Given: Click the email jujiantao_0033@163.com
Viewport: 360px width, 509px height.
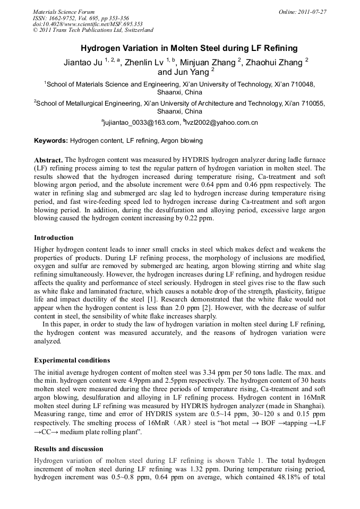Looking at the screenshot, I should coord(141,123).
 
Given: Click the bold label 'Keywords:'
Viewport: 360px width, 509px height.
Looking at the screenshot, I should coord(51,141).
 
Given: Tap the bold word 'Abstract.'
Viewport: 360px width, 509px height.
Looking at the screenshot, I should coord(49,160).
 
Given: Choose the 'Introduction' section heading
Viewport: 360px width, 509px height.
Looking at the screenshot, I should coord(54,237).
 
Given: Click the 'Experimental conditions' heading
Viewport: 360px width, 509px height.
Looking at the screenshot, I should coord(72,360).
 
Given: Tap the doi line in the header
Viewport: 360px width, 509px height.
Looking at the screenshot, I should coord(88,24).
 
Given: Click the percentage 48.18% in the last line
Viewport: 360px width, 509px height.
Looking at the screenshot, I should coord(288,478).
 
